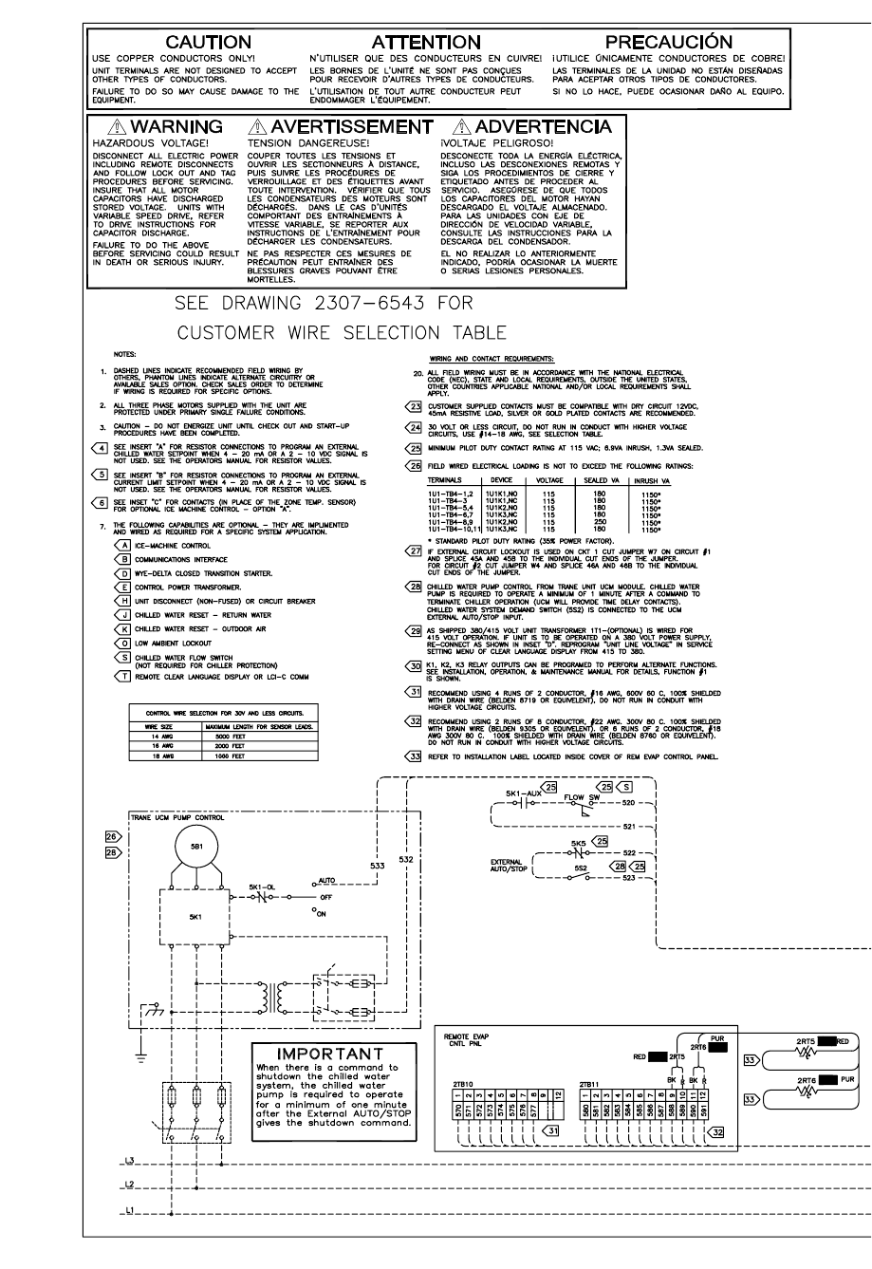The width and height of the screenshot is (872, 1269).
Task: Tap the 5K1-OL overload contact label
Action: click(x=263, y=887)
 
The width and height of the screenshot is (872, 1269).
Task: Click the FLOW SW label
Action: click(x=580, y=797)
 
